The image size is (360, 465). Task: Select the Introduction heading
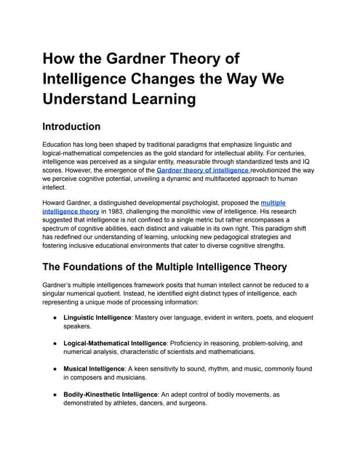[x=81, y=126]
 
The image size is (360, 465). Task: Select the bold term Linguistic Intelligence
[x=104, y=318]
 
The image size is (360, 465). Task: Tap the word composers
[x=85, y=378]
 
